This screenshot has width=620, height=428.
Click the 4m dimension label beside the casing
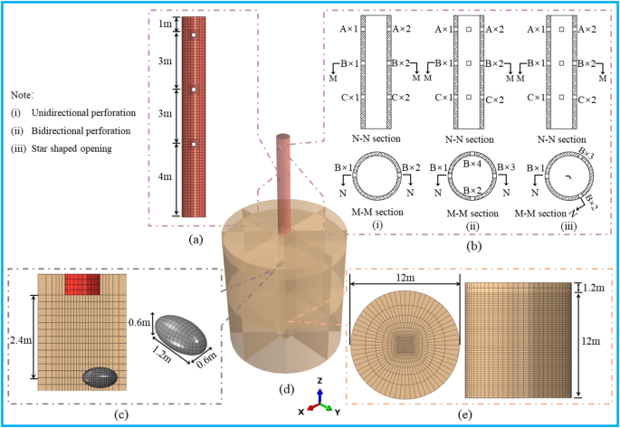point(164,177)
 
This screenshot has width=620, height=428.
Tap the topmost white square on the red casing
point(193,36)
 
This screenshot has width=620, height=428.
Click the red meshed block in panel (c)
point(82,284)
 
